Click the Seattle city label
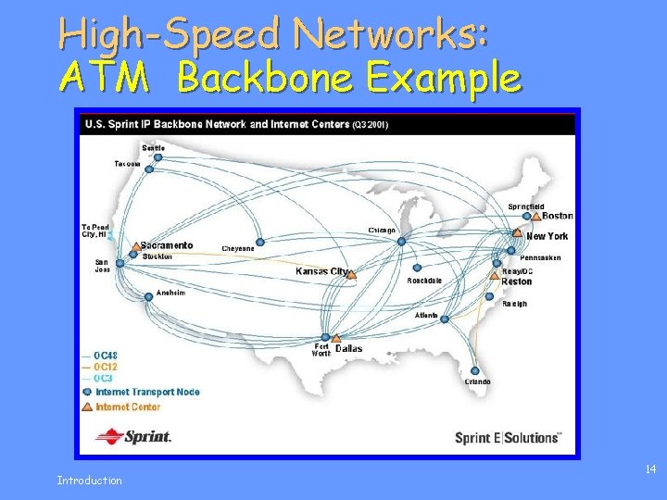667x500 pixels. (154, 147)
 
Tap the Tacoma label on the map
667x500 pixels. (128, 164)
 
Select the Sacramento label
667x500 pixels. (168, 245)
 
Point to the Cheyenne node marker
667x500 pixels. (260, 243)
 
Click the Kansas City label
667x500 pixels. (321, 271)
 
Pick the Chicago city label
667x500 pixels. (382, 231)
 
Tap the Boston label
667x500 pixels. (558, 216)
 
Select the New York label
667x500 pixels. (547, 236)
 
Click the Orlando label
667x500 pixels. (478, 381)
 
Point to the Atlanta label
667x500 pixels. (426, 316)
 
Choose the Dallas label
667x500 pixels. (349, 349)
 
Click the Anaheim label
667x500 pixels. (170, 293)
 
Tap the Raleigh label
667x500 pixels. (514, 304)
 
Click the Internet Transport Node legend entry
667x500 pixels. (147, 392)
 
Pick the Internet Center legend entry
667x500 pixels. (128, 406)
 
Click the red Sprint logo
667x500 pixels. (134, 436)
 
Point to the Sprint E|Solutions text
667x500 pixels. (508, 438)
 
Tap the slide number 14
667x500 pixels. (650, 470)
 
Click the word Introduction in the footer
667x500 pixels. (89, 480)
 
